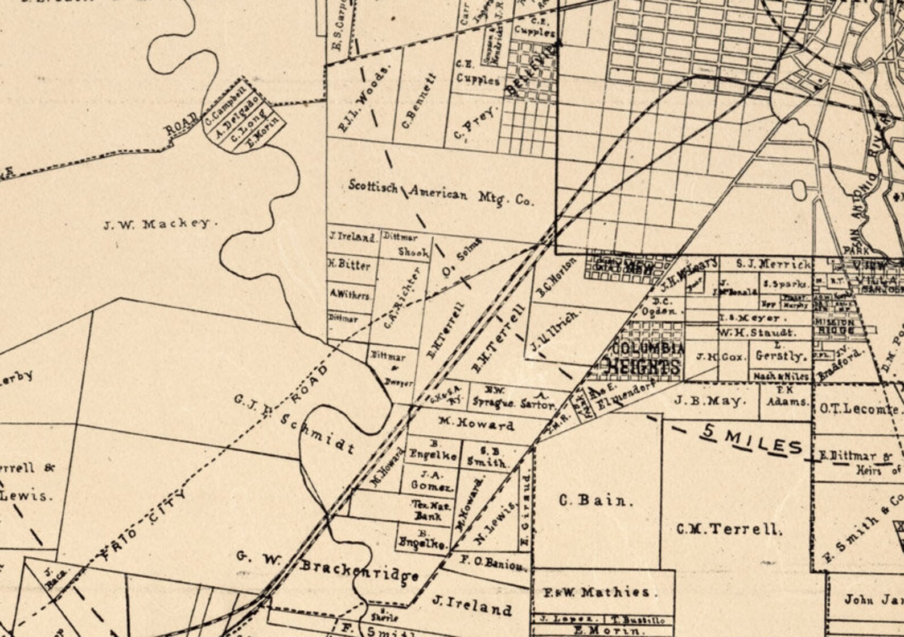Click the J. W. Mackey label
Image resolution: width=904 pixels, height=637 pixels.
(x=160, y=224)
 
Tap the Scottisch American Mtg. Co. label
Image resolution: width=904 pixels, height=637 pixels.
(x=441, y=194)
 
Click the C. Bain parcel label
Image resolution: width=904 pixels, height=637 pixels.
(x=595, y=501)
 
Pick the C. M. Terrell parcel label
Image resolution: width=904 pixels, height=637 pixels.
(x=729, y=529)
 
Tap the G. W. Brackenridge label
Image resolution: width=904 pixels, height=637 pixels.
(x=328, y=567)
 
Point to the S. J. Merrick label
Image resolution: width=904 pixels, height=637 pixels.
(x=773, y=264)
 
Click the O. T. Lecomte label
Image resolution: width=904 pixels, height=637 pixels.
(x=859, y=409)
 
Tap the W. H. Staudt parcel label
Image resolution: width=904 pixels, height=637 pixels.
(x=758, y=332)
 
